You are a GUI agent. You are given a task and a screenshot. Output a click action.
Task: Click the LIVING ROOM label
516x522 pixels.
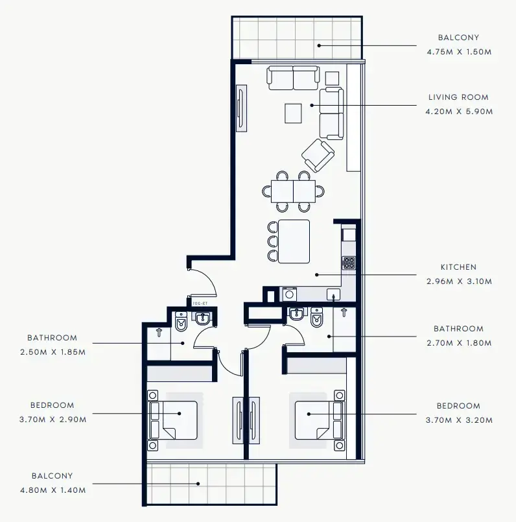(x=458, y=97)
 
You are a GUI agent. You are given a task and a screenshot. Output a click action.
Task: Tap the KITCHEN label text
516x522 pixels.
(x=458, y=267)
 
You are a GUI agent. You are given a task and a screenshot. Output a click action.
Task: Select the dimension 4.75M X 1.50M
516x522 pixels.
(x=458, y=52)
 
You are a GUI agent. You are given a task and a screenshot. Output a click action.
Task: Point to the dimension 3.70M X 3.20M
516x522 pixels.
(x=458, y=420)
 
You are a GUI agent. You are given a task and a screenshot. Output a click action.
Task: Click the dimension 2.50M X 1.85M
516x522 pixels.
(x=52, y=352)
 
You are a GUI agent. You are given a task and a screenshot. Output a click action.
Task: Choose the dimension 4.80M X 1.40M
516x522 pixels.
(x=52, y=490)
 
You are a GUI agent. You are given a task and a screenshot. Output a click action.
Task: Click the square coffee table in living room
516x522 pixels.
(x=294, y=113)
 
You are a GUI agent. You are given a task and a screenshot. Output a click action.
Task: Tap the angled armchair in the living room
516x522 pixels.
(x=318, y=156)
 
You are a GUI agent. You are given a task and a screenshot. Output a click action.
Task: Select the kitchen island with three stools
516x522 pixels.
(x=294, y=241)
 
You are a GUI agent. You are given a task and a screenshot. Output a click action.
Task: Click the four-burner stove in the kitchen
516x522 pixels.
(x=349, y=263)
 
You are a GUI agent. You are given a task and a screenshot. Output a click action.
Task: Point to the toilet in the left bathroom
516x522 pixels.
(x=182, y=320)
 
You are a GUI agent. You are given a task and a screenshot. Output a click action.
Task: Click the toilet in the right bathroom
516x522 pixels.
(x=317, y=318)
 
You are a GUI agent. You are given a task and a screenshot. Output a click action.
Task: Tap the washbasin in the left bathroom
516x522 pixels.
(x=203, y=319)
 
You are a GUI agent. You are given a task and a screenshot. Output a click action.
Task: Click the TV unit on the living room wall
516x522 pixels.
(x=240, y=108)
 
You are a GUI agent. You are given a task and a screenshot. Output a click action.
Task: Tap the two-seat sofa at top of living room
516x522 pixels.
(x=293, y=78)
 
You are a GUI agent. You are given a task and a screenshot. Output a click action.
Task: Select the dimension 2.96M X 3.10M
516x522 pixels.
(x=458, y=281)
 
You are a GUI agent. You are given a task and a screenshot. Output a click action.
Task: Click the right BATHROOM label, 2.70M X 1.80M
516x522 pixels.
(x=458, y=329)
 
